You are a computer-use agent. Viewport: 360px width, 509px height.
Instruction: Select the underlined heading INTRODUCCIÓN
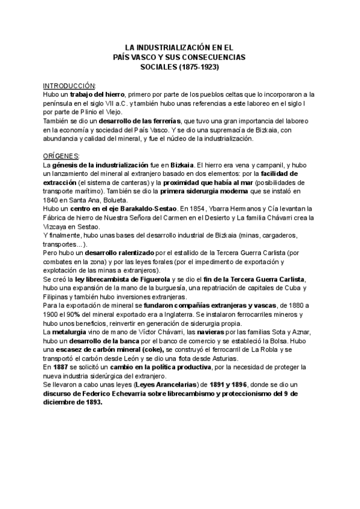(70, 86)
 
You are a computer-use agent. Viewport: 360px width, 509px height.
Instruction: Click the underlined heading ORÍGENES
(62, 155)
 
